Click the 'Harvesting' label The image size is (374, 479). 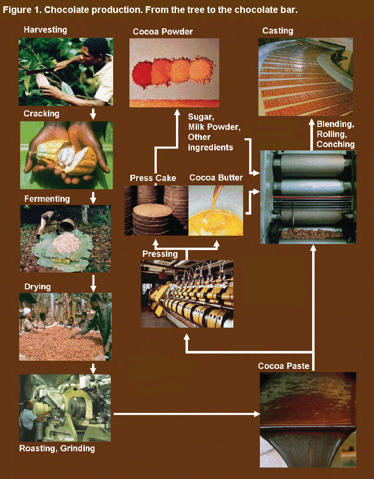click(46, 30)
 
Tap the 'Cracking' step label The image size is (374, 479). click(41, 114)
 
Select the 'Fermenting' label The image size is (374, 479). click(47, 199)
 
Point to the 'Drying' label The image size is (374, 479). click(37, 287)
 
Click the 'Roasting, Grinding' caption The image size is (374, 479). click(57, 449)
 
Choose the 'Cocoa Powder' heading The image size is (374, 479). click(163, 32)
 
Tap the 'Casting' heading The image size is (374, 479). click(278, 31)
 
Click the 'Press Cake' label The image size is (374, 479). click(153, 178)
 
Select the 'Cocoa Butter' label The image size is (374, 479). click(216, 178)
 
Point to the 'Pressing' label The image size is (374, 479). click(160, 254)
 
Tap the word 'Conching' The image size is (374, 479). click(336, 144)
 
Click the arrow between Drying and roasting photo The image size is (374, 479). click(93, 368)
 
